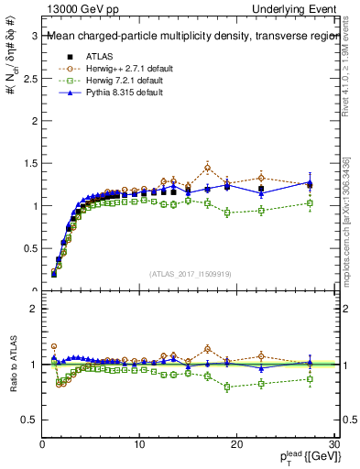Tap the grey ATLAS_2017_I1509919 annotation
point(190,273)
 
